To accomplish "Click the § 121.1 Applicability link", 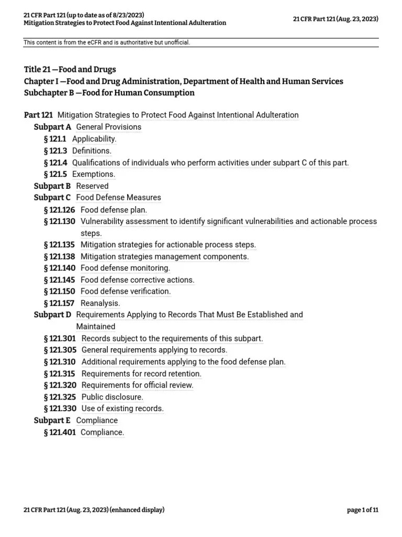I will tap(94, 139).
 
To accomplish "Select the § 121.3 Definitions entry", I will tap(92, 151).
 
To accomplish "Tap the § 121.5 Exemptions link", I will tap(94, 174).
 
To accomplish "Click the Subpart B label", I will tap(52, 186).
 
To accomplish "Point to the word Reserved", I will tap(92, 186).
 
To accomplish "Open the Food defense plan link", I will tap(114, 210).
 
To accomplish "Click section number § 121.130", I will tap(60, 221).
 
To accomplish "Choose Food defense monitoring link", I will tap(125, 268).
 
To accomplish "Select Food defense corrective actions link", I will tap(137, 280).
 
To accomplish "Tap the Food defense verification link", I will tap(126, 292).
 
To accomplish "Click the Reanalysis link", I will tap(100, 303).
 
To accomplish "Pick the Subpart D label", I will tap(52, 315).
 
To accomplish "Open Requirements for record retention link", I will tap(141, 374).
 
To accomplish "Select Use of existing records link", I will tap(122, 409).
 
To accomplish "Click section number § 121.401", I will tap(60, 433).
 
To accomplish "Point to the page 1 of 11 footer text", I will tap(362, 510).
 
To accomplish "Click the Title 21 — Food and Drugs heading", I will tap(70, 69).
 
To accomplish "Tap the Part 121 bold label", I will tap(38, 115).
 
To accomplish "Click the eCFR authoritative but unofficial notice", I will tap(107, 42).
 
